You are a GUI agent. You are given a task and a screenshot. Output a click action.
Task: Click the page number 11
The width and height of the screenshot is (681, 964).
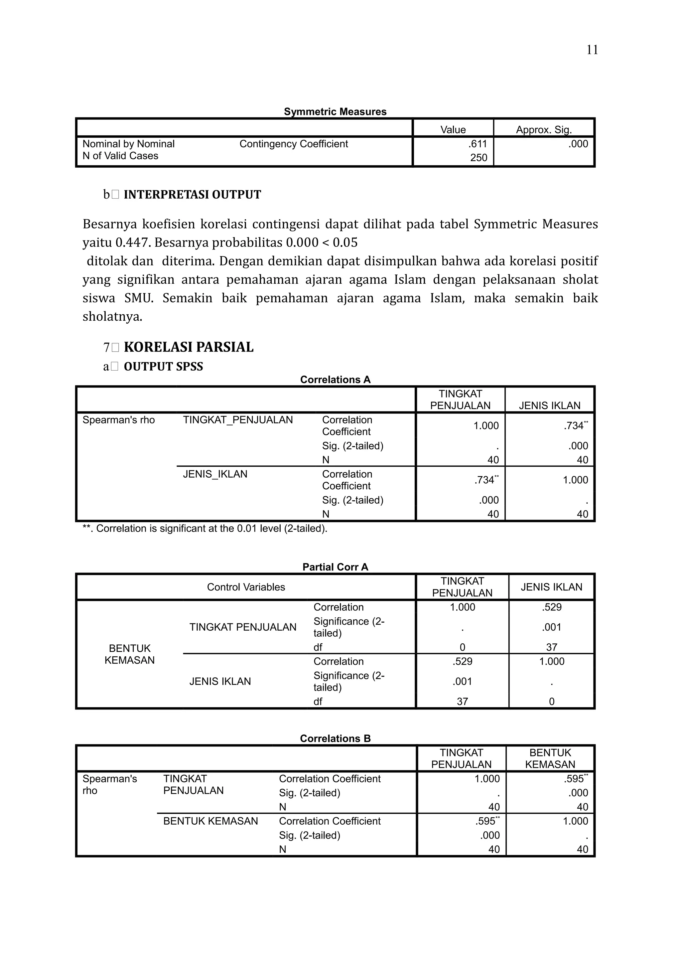592,50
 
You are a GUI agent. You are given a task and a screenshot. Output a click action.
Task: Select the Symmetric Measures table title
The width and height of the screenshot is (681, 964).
335,112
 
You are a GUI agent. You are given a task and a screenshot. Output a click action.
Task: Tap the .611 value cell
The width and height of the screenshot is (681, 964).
478,144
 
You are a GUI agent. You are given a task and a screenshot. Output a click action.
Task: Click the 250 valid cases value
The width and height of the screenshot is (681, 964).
478,158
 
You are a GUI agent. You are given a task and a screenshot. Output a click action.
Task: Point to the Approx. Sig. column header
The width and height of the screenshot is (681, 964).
543,130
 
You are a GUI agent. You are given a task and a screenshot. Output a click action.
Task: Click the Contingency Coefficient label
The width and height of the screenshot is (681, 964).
294,144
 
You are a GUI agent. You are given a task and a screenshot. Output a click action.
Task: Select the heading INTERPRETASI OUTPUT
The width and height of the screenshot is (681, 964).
192,195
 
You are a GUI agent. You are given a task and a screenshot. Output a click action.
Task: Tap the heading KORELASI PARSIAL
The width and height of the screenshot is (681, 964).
189,347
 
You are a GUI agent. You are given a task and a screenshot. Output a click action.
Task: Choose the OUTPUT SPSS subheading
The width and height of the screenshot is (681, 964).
163,367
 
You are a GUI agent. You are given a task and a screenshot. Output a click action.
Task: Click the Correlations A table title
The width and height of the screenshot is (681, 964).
335,380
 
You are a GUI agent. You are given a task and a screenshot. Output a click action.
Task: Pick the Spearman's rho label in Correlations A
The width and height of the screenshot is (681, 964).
118,420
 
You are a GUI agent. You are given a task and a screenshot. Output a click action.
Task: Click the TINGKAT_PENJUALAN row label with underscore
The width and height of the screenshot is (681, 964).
237,420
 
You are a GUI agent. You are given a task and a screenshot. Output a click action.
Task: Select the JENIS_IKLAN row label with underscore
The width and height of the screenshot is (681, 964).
215,474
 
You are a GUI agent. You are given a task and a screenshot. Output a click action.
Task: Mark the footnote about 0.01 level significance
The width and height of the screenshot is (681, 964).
205,529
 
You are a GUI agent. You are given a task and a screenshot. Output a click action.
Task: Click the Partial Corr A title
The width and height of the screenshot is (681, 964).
335,567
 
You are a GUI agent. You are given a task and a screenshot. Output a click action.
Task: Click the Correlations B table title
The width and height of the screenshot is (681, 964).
335,738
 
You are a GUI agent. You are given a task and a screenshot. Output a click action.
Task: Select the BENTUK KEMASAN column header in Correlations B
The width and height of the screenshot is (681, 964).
550,759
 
